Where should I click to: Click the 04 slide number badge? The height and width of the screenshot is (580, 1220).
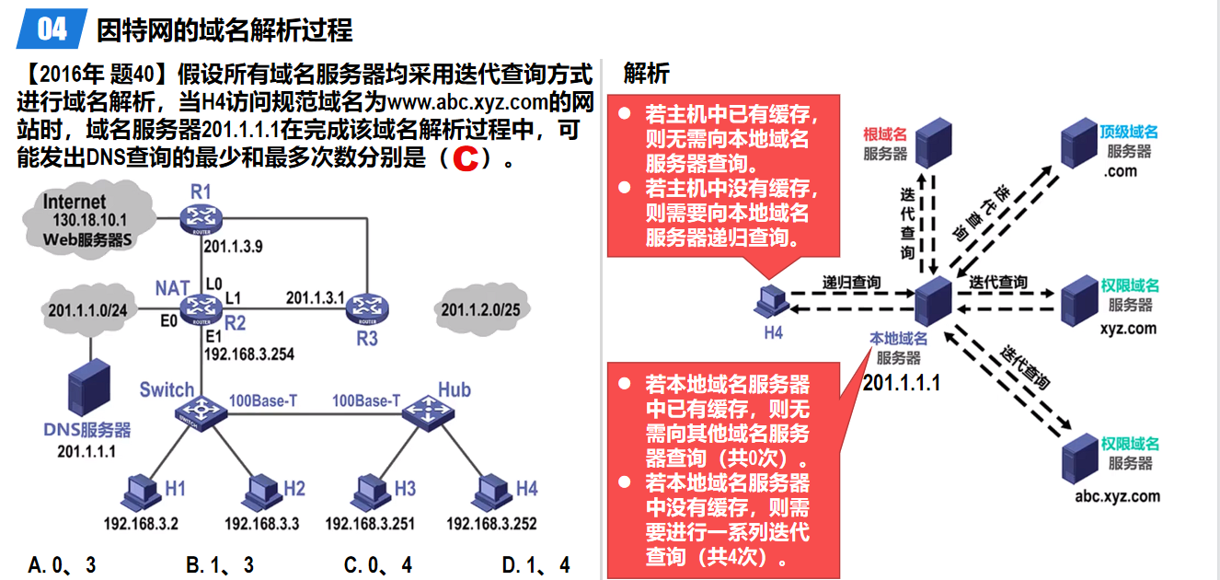click(x=52, y=29)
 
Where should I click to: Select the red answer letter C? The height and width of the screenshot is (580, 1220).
click(x=466, y=158)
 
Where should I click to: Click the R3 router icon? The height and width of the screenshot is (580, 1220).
click(x=364, y=310)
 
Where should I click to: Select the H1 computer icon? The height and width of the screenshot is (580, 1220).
click(x=143, y=492)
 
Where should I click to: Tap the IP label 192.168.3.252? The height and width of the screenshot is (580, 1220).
click(x=491, y=524)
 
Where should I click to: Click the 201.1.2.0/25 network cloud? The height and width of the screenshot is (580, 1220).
click(x=479, y=309)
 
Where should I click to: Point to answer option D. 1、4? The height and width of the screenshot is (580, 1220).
click(x=536, y=564)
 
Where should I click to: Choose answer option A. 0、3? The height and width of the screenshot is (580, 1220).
click(x=63, y=564)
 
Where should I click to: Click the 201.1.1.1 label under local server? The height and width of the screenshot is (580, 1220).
click(x=902, y=382)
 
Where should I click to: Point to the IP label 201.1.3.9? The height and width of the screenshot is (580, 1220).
click(x=234, y=247)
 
